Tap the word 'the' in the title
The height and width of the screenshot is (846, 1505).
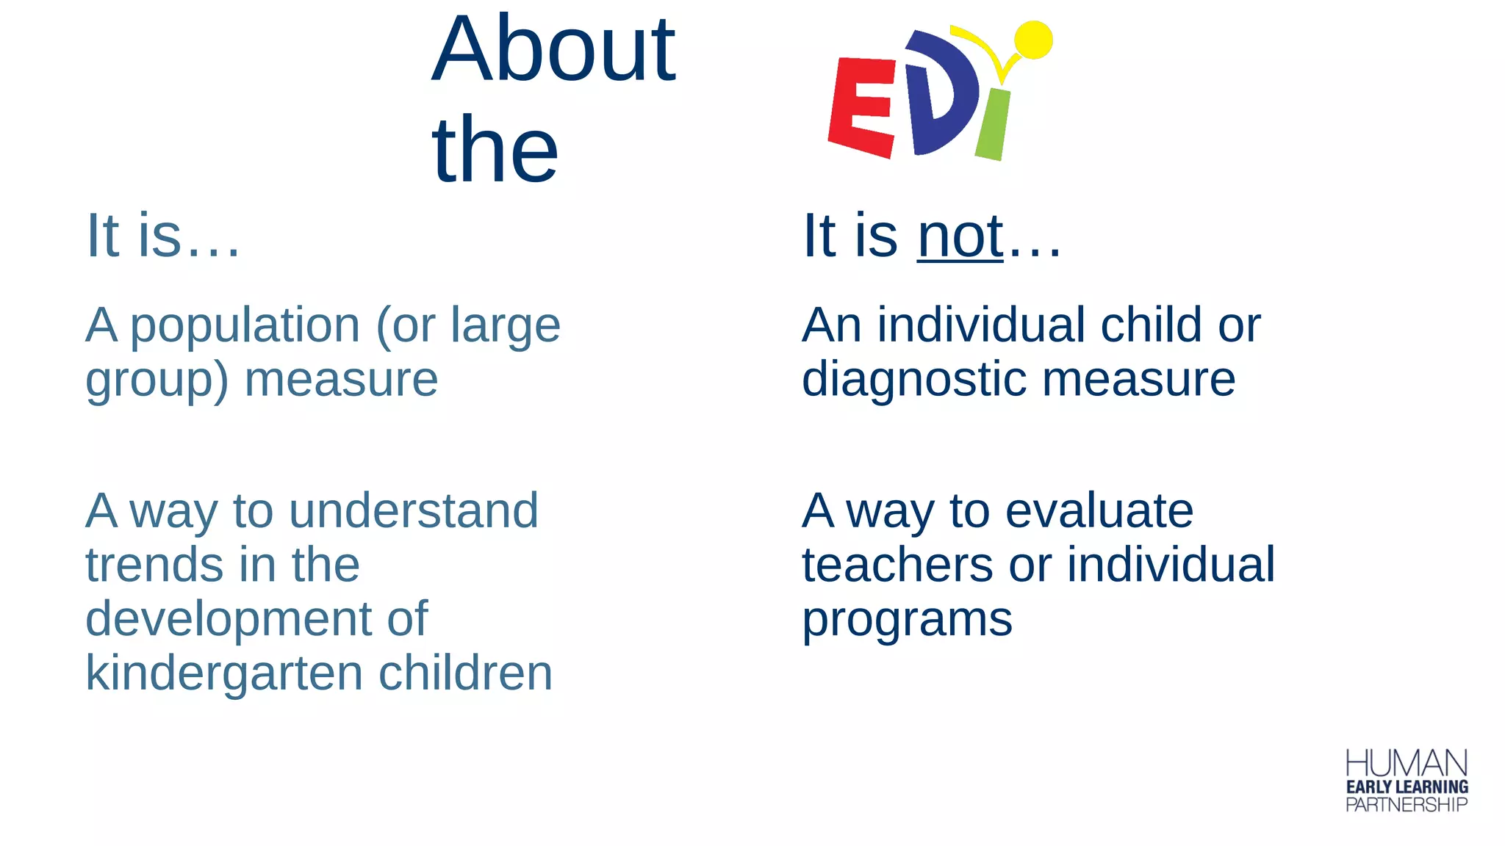click(495, 151)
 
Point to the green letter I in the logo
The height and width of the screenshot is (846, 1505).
click(993, 125)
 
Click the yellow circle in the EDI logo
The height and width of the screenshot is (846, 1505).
click(1033, 39)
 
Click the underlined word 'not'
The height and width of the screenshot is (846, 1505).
click(960, 236)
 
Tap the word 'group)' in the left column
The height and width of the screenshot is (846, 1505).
click(157, 381)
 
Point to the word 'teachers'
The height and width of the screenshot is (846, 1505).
click(897, 565)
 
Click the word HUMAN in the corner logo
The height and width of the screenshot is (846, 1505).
click(1406, 763)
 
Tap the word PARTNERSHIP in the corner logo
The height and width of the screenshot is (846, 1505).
click(1406, 805)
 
